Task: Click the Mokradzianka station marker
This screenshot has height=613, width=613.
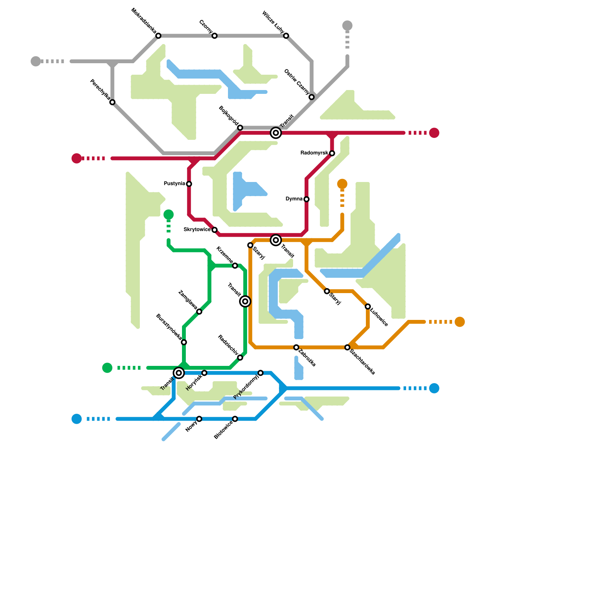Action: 158,36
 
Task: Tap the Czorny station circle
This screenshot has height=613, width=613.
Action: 215,36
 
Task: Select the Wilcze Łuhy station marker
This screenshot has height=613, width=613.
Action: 286,36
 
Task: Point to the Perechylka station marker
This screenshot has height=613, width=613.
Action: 112,102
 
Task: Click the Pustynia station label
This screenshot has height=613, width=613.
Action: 174,184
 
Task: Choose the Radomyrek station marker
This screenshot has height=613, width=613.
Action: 332,153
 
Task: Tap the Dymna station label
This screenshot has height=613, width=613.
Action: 294,199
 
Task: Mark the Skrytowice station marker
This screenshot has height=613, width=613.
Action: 215,230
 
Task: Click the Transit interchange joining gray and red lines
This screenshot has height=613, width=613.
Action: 276,133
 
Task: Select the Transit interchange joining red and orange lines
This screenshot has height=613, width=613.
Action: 276,240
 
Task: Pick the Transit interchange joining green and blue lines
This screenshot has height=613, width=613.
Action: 179,373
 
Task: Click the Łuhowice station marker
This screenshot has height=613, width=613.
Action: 368,306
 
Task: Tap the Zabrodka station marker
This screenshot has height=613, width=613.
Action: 296,347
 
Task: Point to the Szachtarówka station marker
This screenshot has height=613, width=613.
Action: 347,347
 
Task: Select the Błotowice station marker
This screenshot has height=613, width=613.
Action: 235,419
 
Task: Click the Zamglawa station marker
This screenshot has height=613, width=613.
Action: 199,311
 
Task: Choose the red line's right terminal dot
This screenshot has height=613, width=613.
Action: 434,133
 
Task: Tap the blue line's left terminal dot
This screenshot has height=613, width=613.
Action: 77,419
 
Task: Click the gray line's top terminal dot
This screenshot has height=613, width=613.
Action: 347,26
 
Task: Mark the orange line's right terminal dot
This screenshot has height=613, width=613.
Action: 460,322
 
